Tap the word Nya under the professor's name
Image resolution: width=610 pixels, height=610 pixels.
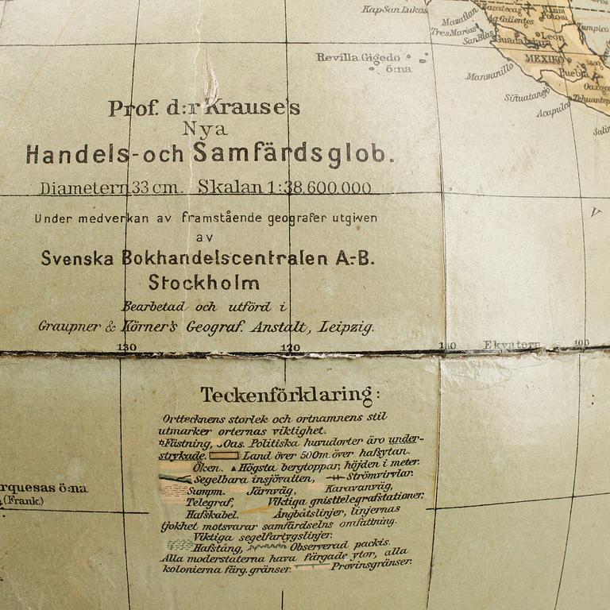[x=204, y=129]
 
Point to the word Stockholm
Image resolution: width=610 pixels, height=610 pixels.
[x=203, y=283]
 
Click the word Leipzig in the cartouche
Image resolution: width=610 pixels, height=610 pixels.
[x=346, y=326]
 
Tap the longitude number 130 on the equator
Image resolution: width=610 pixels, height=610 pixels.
[x=126, y=347]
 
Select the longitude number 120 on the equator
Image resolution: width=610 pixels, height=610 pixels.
[x=291, y=347]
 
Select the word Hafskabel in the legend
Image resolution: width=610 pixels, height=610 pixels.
[x=209, y=514]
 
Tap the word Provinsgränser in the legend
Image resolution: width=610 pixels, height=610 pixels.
[x=372, y=565]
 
